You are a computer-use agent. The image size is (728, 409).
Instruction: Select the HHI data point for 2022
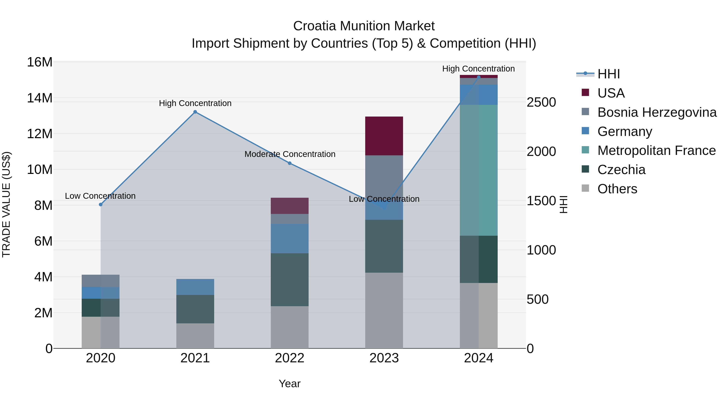pyautogui.click(x=289, y=163)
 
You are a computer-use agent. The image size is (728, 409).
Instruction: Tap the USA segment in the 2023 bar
pyautogui.click(x=384, y=136)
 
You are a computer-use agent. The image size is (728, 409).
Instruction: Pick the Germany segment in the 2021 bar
pyautogui.click(x=195, y=287)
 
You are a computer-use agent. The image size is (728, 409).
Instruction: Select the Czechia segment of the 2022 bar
pyautogui.click(x=289, y=280)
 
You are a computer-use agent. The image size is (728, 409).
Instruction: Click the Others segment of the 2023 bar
pyautogui.click(x=384, y=310)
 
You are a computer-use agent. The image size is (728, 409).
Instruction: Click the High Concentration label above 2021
pyautogui.click(x=195, y=103)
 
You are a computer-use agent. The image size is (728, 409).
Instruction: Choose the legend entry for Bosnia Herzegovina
pyautogui.click(x=657, y=112)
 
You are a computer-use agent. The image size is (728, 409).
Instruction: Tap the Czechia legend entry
pyautogui.click(x=621, y=170)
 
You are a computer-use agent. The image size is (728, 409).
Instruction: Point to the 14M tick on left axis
pyautogui.click(x=40, y=98)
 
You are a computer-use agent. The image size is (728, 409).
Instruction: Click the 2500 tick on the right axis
pyautogui.click(x=541, y=102)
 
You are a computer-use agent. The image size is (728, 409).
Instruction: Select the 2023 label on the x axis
pyautogui.click(x=384, y=358)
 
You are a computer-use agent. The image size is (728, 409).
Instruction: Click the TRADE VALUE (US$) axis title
pyautogui.click(x=6, y=204)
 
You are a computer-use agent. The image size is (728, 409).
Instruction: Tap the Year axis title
pyautogui.click(x=289, y=384)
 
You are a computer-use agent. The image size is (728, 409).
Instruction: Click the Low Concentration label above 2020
pyautogui.click(x=100, y=196)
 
